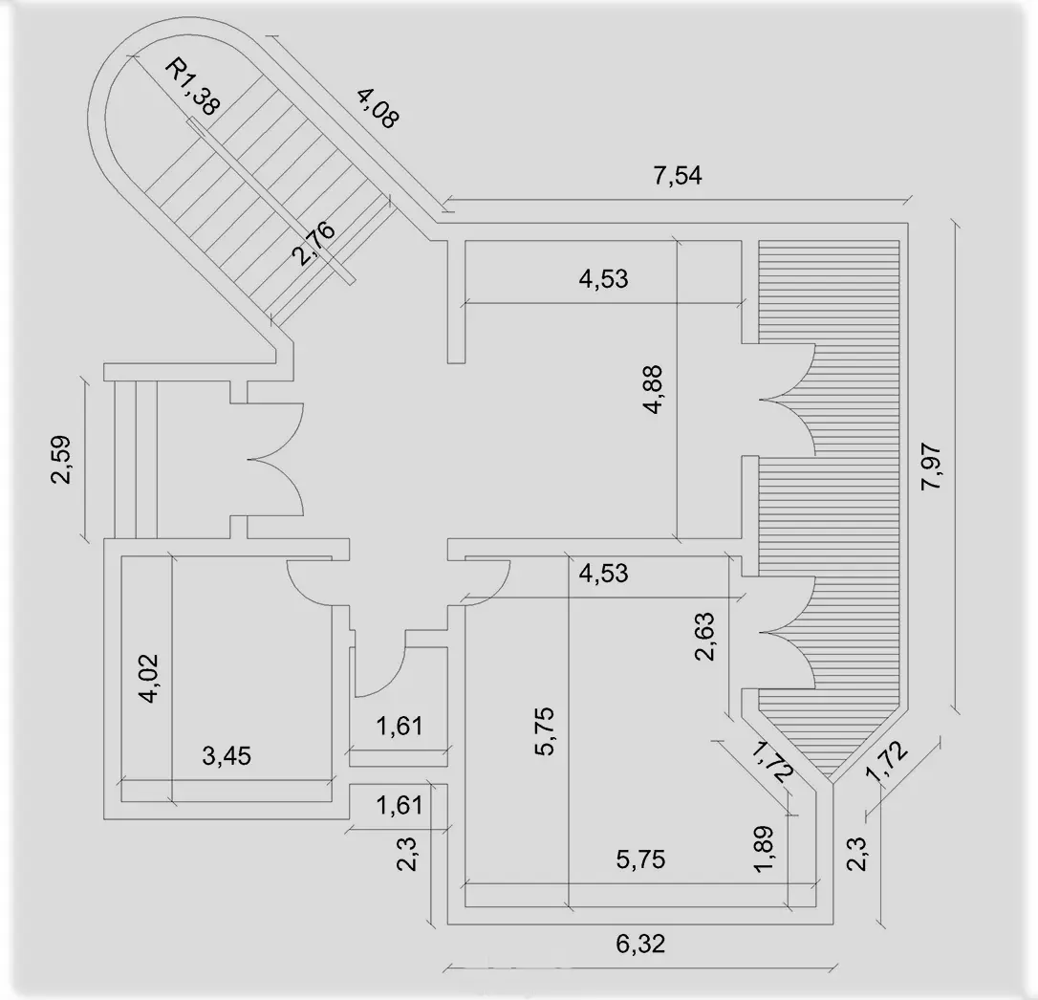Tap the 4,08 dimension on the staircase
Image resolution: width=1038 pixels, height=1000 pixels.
pos(377,108)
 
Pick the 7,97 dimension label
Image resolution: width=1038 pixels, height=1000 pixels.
pos(932,467)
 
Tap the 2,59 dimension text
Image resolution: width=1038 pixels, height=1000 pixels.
pos(63,460)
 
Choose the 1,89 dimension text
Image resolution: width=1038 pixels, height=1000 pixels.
pos(765,849)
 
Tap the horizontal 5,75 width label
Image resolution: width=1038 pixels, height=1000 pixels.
pos(640,859)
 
